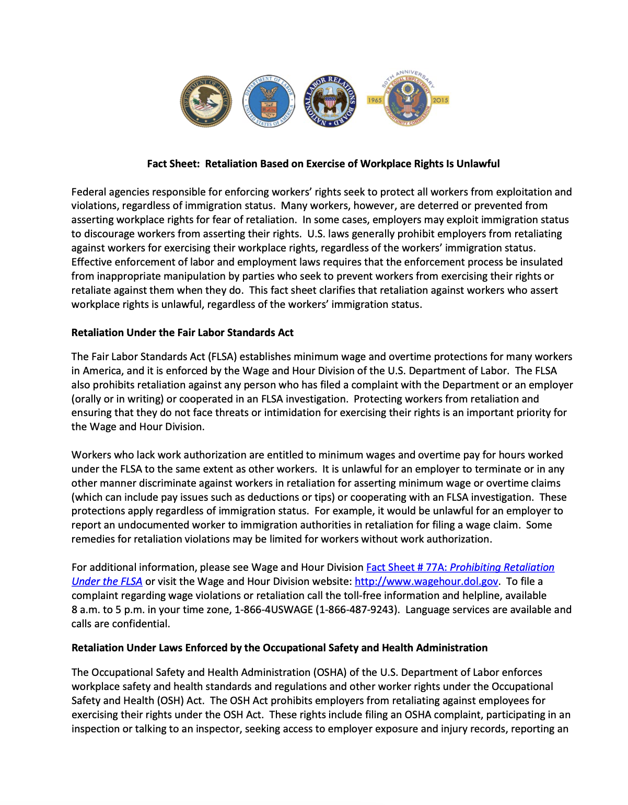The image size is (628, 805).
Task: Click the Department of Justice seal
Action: (x=206, y=101)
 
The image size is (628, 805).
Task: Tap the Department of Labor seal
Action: (x=269, y=101)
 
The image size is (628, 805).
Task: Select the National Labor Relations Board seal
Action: (x=330, y=101)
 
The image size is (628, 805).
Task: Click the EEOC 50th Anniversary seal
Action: (x=408, y=100)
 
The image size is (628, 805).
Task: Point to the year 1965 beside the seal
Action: (x=375, y=100)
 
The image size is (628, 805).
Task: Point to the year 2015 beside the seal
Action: (x=440, y=100)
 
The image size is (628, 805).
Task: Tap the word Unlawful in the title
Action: (x=478, y=164)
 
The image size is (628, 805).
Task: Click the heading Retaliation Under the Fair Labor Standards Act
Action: (x=182, y=332)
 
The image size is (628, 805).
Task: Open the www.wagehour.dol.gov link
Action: (x=426, y=581)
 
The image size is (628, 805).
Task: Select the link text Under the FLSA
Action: (x=107, y=581)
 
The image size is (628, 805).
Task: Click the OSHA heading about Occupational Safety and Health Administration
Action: (x=280, y=648)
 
